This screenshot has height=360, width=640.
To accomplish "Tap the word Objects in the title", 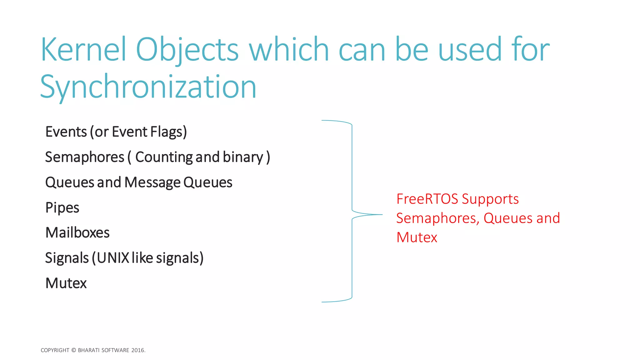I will [x=187, y=50].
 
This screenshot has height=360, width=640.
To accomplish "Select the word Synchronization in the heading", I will [x=148, y=87].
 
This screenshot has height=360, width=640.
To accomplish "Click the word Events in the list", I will [x=66, y=132].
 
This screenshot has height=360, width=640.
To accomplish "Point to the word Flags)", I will [x=168, y=132].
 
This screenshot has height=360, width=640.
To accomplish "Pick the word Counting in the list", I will [x=164, y=157].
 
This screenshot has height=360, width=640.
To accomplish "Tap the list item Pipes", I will [x=62, y=208].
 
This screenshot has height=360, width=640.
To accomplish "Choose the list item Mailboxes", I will [x=77, y=233].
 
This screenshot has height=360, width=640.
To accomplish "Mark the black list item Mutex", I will [x=66, y=283].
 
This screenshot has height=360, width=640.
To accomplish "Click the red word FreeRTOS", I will [x=427, y=199].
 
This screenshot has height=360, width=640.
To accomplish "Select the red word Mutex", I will [x=417, y=237].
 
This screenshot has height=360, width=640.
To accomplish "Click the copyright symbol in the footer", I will [x=73, y=350].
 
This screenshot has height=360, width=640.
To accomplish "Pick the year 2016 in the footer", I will [x=138, y=350].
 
